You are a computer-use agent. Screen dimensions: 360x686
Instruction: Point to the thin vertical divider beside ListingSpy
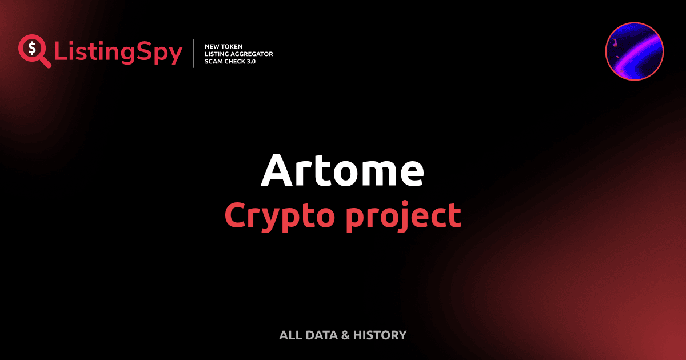tap(194, 54)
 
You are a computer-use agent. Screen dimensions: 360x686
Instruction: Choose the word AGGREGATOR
tap(254, 54)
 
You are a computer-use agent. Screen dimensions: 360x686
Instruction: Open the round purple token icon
tap(634, 51)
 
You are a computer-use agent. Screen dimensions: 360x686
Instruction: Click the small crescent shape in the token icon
tap(615, 42)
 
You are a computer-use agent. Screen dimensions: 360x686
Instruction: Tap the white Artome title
tap(342, 170)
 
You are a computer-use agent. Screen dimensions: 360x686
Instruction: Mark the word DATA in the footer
tap(321, 335)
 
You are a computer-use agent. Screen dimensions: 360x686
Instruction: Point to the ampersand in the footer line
tap(345, 335)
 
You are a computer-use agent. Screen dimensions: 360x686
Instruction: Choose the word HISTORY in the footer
tap(380, 335)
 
